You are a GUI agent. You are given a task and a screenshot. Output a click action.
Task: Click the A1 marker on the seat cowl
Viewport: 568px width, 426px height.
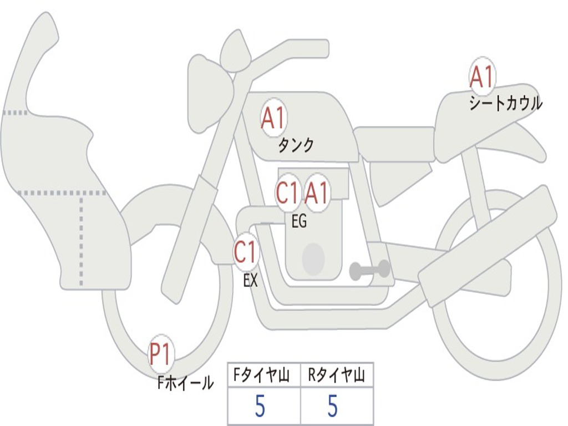(482, 76)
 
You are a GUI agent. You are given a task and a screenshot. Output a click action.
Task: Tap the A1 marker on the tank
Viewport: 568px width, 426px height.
(273, 118)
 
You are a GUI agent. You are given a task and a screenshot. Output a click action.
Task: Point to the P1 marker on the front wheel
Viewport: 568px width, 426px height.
(161, 354)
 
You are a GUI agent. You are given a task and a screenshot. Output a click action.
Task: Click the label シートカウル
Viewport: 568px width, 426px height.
(506, 103)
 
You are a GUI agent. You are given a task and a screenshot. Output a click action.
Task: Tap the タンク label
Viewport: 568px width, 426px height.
(296, 145)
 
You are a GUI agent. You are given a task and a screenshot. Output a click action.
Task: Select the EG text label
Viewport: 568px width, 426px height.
(299, 221)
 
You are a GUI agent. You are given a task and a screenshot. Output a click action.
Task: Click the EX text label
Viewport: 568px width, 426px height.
(250, 280)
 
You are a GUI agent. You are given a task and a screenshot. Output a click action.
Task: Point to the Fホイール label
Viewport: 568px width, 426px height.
(185, 383)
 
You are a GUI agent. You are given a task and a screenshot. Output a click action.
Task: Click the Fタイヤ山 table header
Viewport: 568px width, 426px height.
(262, 375)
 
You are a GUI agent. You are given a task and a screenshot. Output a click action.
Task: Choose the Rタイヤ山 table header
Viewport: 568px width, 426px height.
(336, 375)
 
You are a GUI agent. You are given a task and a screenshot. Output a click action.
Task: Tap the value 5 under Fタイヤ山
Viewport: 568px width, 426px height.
(260, 405)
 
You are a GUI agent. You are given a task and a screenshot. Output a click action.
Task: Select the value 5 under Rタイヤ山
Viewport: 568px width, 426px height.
(332, 405)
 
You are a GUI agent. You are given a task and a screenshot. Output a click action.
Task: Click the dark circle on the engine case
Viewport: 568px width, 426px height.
(313, 258)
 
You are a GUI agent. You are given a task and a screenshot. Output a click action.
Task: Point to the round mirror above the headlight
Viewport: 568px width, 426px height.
(236, 53)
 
